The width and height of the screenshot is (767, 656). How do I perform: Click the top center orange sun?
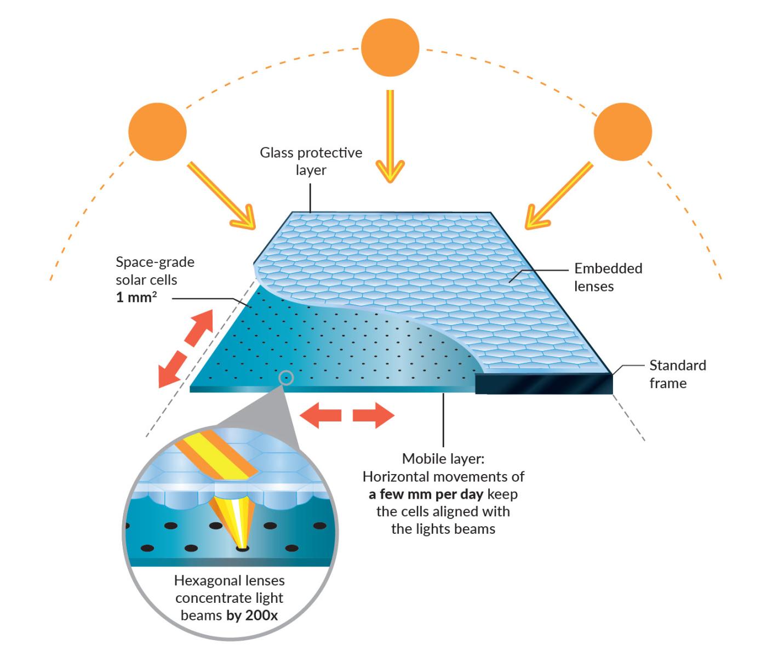point(390,48)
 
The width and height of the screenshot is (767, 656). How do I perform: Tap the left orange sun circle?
point(157,132)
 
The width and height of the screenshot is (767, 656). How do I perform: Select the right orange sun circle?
point(623,132)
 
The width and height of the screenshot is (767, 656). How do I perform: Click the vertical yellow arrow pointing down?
point(390,136)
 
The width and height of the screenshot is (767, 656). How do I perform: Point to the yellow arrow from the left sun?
point(221,196)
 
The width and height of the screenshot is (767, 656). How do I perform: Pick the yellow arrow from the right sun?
point(558,196)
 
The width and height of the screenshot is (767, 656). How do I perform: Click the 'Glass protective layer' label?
point(311,161)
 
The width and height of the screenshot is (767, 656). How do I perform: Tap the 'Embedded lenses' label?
point(608,277)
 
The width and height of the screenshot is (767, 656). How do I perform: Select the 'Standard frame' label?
point(678,374)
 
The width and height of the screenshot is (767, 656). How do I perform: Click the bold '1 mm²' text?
point(136,297)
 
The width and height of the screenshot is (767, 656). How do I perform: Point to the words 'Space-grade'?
point(155,263)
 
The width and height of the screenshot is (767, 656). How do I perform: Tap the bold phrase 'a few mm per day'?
point(426,494)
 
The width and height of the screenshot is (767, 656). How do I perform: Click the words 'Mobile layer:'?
point(443,459)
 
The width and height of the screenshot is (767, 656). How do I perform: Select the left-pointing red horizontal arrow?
point(320,415)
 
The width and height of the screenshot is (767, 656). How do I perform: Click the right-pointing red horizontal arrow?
point(373,415)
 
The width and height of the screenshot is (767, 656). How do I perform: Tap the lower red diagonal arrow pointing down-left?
point(172,369)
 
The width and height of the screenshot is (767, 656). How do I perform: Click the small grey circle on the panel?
point(286,378)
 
